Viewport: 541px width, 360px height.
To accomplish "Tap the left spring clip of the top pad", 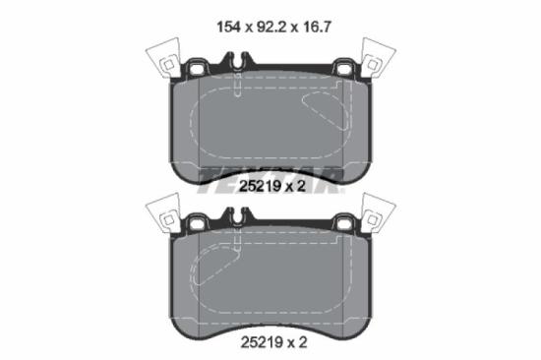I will tap(161, 60).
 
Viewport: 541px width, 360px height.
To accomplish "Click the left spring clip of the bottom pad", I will tap(161, 214).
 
